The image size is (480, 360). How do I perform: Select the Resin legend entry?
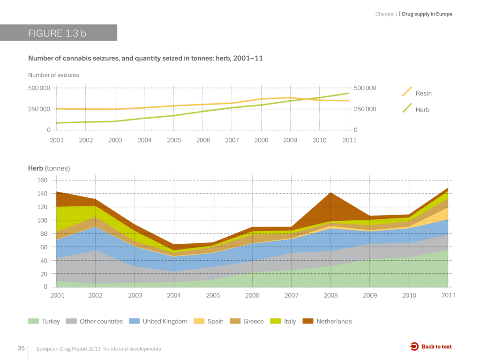(x=423, y=93)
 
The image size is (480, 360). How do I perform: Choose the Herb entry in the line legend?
(x=422, y=110)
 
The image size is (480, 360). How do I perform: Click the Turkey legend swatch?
(x=33, y=322)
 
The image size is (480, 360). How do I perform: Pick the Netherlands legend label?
(x=334, y=322)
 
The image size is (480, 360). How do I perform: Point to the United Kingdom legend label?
(x=165, y=322)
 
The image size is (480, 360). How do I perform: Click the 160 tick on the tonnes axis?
(x=42, y=180)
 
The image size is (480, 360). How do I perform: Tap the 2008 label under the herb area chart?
(x=330, y=296)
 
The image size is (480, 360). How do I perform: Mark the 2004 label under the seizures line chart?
(x=144, y=140)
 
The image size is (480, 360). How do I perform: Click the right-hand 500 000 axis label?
(x=365, y=88)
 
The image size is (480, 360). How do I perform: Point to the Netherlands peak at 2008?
(x=330, y=202)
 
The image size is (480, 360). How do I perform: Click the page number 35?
(x=21, y=348)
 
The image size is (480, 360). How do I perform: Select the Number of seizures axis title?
(x=53, y=75)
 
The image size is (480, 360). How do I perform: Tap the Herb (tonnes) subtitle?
(x=49, y=168)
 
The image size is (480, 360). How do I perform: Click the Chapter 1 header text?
(x=386, y=14)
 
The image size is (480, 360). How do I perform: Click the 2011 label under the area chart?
(x=448, y=296)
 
